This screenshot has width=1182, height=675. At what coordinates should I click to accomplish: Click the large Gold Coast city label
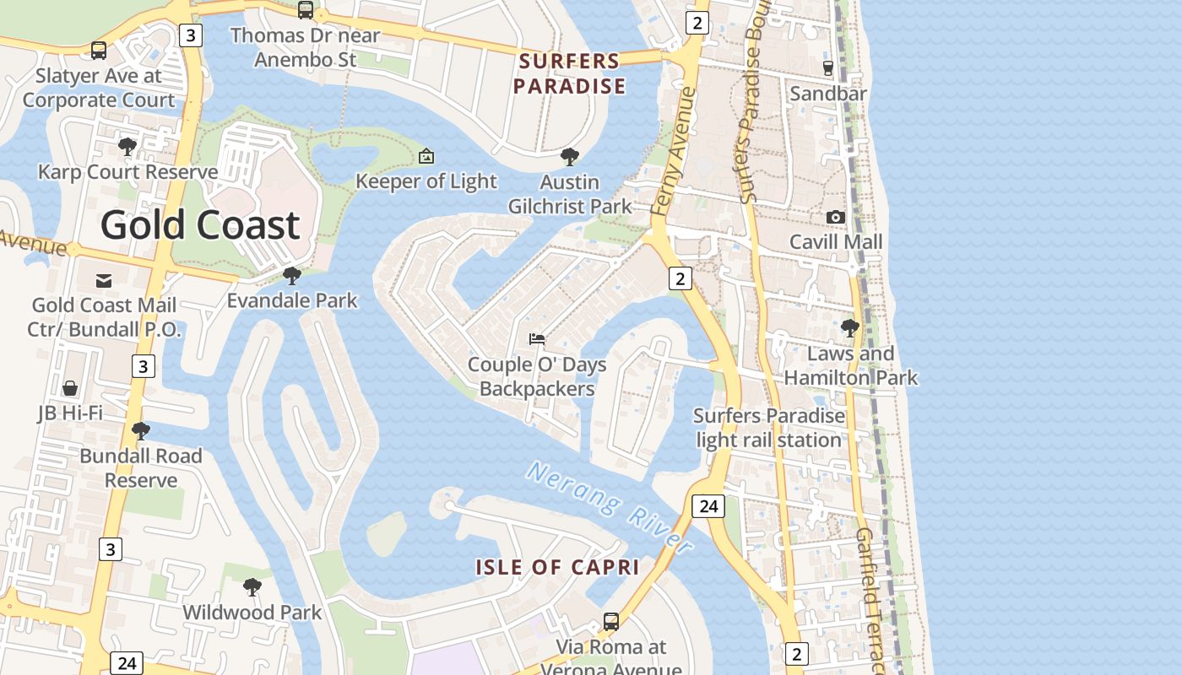[200, 225]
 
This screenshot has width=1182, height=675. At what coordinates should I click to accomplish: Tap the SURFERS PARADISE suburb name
[570, 73]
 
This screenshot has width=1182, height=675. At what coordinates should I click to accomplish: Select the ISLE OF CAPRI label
[557, 567]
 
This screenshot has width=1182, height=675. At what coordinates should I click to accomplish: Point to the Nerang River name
[610, 507]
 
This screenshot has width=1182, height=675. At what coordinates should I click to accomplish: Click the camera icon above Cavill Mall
[836, 217]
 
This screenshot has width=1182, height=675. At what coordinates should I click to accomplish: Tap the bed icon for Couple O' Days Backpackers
[537, 339]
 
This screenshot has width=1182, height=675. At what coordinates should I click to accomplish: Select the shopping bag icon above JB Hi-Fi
[70, 387]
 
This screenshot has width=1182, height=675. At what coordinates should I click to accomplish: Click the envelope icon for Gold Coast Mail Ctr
[104, 280]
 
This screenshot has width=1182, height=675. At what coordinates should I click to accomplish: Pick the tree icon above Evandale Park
[292, 275]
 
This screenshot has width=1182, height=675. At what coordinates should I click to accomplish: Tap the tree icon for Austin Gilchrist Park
[570, 157]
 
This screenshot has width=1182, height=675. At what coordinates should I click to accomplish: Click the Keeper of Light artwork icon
[426, 156]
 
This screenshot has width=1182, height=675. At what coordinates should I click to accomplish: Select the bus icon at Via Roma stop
[610, 622]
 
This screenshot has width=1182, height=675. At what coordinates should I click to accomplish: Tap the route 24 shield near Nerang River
[708, 505]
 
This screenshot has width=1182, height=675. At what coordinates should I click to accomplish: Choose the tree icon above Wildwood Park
[252, 587]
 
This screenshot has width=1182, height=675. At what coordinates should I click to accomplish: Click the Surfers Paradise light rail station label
[768, 428]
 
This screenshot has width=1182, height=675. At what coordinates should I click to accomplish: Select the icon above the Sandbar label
[827, 68]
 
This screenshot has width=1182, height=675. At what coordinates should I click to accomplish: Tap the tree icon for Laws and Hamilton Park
[850, 327]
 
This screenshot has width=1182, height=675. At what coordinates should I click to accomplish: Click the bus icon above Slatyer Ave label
[99, 51]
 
